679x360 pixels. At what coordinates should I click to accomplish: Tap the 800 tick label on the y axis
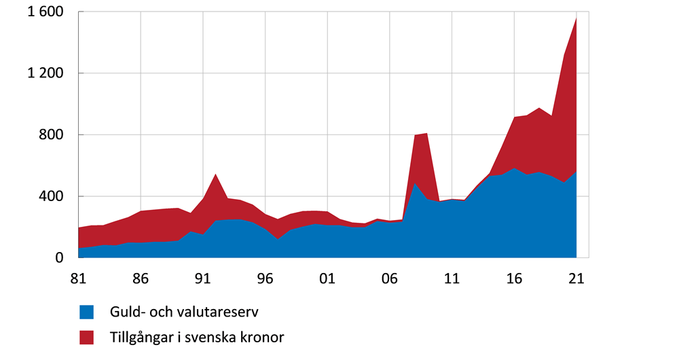[52, 135]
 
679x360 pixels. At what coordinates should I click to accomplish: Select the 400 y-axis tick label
[52, 196]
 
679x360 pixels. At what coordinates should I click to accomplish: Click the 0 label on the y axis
[60, 258]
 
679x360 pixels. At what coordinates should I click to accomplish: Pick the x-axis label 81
[78, 278]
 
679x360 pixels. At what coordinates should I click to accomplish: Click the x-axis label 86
[141, 278]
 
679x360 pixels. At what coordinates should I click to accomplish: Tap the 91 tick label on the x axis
[203, 278]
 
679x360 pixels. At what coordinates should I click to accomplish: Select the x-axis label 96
[265, 278]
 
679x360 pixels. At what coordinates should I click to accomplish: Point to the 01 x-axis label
[327, 278]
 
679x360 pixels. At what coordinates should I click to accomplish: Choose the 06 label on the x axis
[390, 278]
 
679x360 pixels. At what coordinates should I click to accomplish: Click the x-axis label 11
[452, 278]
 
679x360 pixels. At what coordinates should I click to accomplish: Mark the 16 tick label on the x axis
[515, 278]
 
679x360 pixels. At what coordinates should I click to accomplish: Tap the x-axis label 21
[576, 278]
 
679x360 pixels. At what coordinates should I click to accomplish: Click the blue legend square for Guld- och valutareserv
[86, 312]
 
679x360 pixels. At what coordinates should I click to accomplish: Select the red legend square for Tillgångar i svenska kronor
[86, 337]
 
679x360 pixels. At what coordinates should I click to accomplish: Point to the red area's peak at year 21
[576, 18]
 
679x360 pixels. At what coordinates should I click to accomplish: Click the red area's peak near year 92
[215, 175]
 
